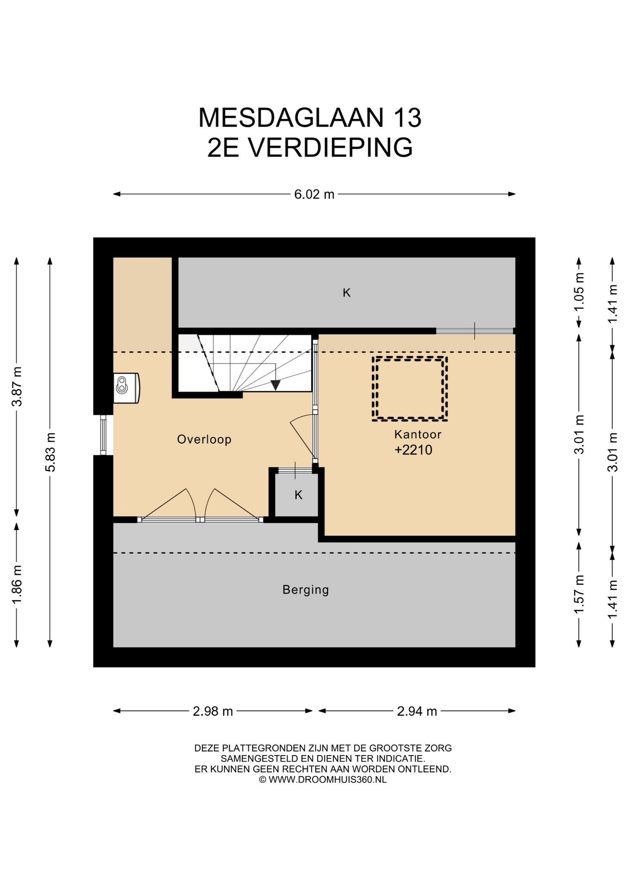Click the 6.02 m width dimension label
point(314,194)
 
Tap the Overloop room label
point(204,439)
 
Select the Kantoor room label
point(417,434)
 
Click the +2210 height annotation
point(413,450)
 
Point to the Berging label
point(306,590)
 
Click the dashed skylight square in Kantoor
point(409,389)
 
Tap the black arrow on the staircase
point(276,385)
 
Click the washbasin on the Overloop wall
point(126,388)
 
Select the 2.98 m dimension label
point(213,711)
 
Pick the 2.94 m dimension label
point(417,711)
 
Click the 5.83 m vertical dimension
point(50,452)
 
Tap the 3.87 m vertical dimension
point(17,386)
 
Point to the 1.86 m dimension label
point(17,585)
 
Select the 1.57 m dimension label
point(579,594)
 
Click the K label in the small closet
point(298,495)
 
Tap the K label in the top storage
point(346,293)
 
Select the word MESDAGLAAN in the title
point(291,118)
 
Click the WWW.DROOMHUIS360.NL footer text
point(327,780)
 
